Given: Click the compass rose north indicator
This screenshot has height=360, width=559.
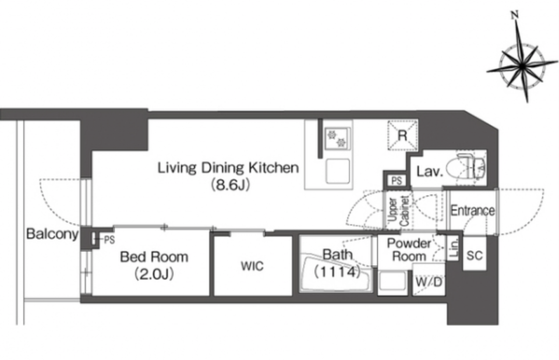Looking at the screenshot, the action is (514, 15).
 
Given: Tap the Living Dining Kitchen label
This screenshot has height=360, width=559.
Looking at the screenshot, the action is (228, 167).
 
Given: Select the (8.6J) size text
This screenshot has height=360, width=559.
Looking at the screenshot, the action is (230, 185).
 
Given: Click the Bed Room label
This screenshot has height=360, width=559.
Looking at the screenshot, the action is (154, 257).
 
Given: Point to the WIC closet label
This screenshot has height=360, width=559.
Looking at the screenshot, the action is (252, 266).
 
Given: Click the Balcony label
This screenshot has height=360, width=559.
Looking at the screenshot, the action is (52, 234).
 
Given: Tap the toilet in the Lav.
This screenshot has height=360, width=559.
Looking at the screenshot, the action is (470, 166).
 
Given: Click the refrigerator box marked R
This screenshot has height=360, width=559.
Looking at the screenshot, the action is (402, 135).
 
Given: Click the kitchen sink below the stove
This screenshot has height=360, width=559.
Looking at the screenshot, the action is (337, 171).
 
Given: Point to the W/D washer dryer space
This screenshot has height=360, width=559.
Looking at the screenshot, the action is (429, 283).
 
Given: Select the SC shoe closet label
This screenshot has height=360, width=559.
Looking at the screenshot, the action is (474, 256).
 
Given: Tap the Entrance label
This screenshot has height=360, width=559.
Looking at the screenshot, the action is (473, 210).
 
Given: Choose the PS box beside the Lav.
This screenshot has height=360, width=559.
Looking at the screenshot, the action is (397, 181).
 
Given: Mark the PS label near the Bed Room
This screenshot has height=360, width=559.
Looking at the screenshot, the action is (109, 241).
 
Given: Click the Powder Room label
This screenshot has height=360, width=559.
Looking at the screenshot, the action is (409, 250).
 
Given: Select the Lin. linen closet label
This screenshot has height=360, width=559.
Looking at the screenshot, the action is (454, 248).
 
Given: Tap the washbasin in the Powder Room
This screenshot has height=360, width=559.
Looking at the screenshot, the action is (392, 282).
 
